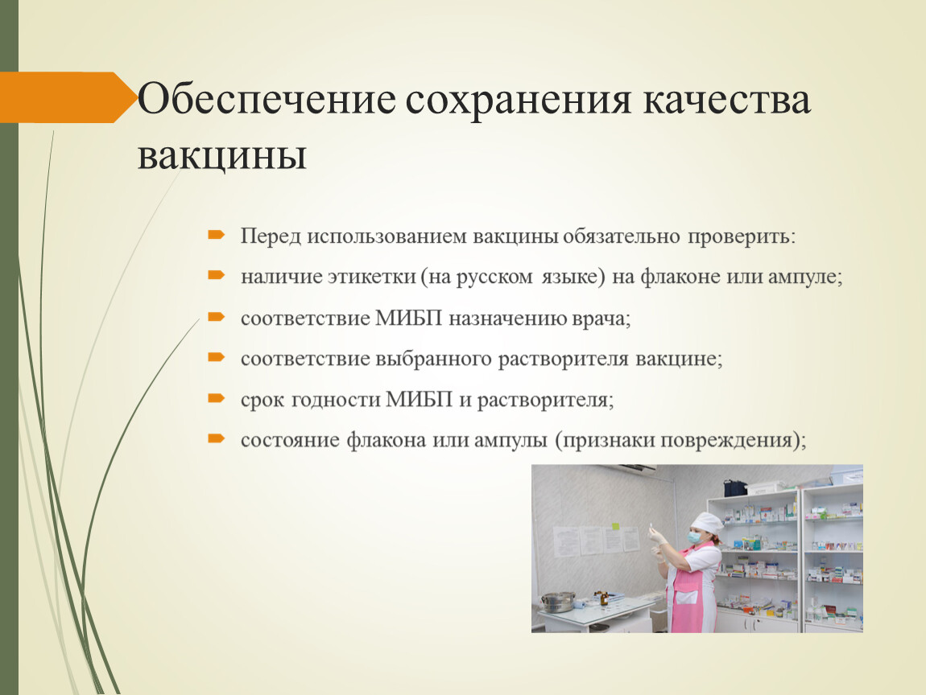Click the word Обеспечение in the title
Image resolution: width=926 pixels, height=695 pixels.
coord(267,99)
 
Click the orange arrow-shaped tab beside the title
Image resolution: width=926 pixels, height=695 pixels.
coord(68,97)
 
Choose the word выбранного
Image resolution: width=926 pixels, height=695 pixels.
coord(434,360)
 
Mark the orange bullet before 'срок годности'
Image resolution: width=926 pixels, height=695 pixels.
coord(217,398)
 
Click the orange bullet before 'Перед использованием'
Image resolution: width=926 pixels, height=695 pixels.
coord(217,235)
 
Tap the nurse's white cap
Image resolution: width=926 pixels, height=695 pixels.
coord(707,523)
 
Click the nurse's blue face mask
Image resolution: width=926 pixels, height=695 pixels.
coord(694,538)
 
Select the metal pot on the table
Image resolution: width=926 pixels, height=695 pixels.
coord(557,602)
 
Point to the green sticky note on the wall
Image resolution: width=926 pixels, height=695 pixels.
coord(616,526)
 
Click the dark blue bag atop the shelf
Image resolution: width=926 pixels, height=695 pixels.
coord(735,488)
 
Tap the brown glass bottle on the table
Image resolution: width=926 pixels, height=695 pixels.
coord(604,598)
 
